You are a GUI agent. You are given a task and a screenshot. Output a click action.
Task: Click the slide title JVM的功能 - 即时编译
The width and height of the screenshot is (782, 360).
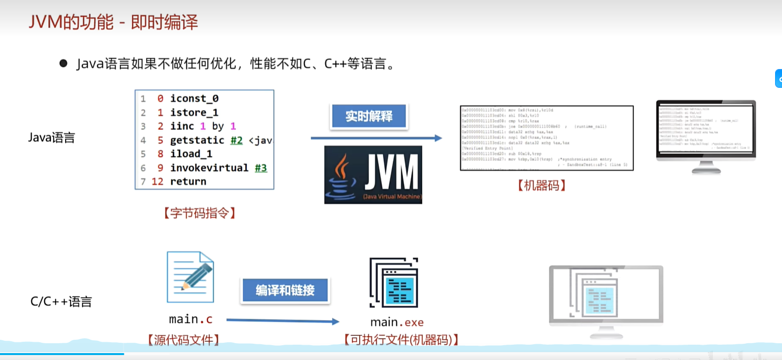113,22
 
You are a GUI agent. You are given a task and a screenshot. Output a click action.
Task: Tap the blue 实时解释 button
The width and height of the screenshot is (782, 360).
369,116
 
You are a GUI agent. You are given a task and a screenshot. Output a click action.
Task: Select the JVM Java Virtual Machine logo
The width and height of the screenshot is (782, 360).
373,175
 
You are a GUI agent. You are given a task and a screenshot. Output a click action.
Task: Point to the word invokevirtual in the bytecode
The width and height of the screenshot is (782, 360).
209,168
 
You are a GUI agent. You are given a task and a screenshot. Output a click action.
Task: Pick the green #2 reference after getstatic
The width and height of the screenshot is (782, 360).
236,141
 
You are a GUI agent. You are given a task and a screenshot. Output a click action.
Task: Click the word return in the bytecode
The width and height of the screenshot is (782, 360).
188,181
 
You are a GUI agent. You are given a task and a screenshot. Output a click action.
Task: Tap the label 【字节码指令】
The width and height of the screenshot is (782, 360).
200,213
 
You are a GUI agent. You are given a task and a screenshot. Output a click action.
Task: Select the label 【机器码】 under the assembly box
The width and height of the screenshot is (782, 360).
541,185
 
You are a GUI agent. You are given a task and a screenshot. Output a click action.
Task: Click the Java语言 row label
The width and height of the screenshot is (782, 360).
51,138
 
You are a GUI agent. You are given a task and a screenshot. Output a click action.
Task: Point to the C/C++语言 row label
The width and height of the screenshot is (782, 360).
61,301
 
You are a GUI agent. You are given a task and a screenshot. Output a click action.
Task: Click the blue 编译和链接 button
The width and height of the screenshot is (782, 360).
285,290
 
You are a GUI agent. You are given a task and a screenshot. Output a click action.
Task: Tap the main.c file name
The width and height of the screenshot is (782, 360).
190,320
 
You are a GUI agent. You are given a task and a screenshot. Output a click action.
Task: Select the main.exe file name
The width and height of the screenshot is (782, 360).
397,323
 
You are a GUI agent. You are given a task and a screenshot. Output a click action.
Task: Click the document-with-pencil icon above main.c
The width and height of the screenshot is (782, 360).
190,277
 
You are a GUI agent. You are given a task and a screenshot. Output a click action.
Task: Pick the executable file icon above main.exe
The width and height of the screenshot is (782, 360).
394,283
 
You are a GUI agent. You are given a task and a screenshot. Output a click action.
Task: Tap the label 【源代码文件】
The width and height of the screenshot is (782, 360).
184,340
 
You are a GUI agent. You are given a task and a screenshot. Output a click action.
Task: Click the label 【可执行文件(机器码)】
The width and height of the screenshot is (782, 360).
401,340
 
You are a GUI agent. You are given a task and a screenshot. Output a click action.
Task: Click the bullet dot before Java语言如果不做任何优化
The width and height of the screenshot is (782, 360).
63,63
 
